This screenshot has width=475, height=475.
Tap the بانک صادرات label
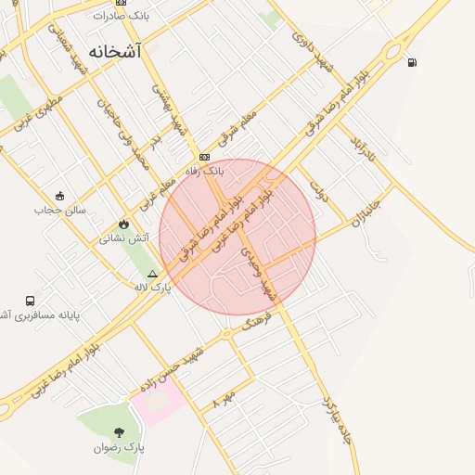[122, 17]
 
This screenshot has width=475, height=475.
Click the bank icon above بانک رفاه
[204, 157]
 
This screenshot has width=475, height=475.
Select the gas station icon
[412, 62]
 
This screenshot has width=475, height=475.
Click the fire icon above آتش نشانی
[124, 224]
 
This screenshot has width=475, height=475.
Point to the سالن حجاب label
[60, 210]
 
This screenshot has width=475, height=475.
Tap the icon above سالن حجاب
[60, 195]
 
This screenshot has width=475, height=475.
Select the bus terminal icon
[31, 301]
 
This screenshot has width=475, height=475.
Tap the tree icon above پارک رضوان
[119, 431]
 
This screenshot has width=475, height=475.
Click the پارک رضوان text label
[120, 447]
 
